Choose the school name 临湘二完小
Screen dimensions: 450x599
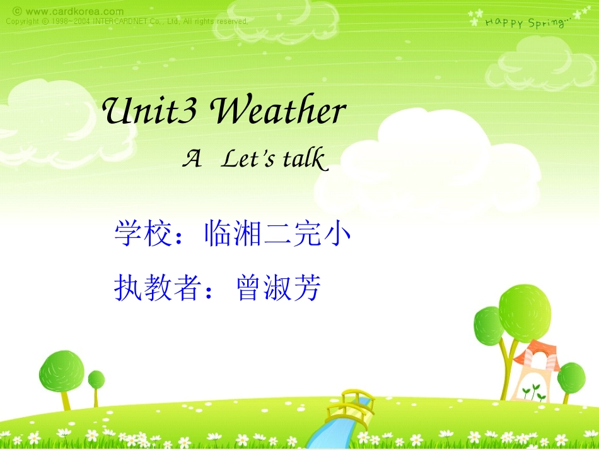point(277,235)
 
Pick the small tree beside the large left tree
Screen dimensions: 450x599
point(96,381)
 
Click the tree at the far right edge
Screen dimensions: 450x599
point(571,377)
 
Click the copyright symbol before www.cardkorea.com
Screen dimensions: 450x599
point(17,11)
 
